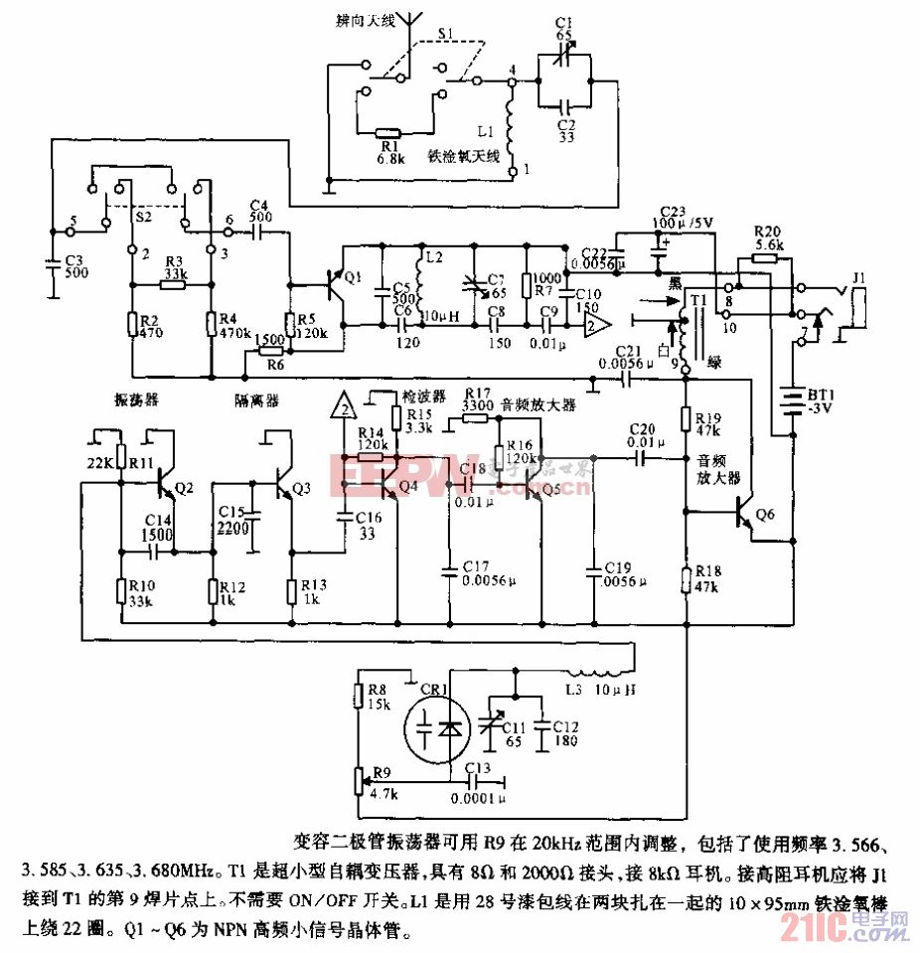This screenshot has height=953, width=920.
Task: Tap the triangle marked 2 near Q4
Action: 344,407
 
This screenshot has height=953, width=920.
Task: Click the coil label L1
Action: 485,131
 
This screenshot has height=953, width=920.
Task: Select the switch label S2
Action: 142,215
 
